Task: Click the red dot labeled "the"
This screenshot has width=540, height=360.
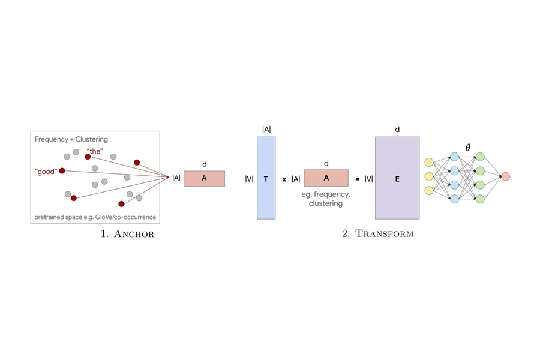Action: [88, 157]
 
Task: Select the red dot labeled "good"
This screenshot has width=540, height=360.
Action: [62, 171]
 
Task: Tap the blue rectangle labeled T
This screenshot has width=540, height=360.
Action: [266, 178]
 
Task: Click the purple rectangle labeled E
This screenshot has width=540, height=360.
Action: [397, 178]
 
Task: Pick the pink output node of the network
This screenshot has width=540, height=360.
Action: [505, 176]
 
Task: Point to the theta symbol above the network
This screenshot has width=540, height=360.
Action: [468, 147]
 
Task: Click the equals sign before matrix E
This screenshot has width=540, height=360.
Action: [358, 179]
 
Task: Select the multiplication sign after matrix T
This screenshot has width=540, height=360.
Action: [284, 179]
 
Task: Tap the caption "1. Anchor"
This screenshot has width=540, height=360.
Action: [128, 234]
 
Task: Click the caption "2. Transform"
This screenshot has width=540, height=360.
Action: [378, 234]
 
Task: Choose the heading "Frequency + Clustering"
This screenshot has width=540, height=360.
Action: [71, 139]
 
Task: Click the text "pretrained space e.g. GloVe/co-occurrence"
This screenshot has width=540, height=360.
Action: [95, 217]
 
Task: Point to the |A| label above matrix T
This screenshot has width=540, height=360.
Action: [266, 129]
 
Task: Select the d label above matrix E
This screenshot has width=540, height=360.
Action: [397, 129]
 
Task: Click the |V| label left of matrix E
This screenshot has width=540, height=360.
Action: [368, 179]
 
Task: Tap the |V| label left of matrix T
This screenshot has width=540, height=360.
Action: [249, 179]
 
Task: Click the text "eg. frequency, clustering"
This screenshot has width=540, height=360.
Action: [326, 199]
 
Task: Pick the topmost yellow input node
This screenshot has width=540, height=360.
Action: [428, 163]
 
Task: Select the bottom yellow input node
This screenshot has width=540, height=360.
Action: [428, 191]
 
